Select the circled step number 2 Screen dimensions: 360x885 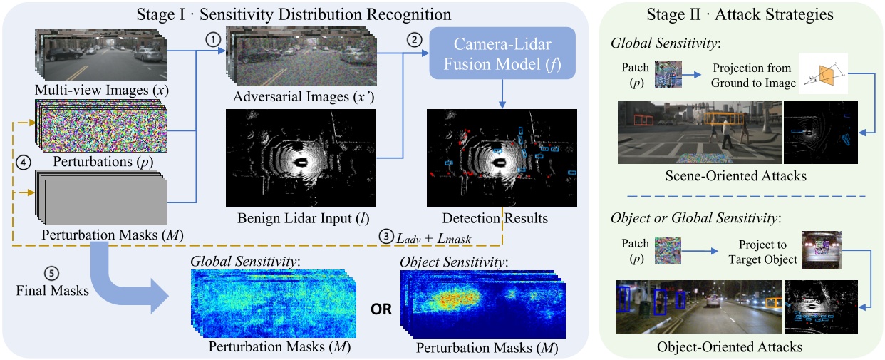[412, 41]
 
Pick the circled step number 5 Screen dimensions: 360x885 [50, 272]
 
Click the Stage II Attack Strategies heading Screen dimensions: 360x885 [741, 14]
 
